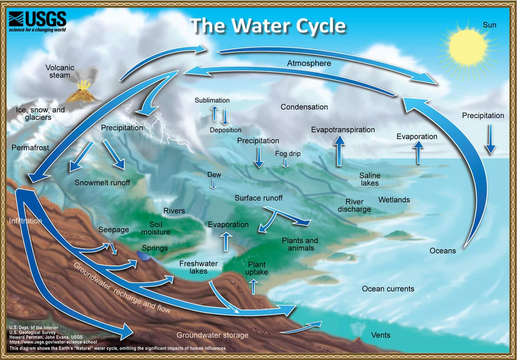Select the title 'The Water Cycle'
(268, 26)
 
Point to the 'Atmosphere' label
(309, 63)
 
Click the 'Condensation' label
(304, 107)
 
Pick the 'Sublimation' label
(212, 100)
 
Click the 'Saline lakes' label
(370, 179)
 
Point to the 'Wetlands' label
(394, 200)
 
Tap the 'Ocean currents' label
(388, 289)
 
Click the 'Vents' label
(380, 335)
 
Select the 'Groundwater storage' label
(212, 335)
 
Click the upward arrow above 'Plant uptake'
(253, 286)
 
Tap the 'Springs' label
(155, 248)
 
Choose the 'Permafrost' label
(30, 147)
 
